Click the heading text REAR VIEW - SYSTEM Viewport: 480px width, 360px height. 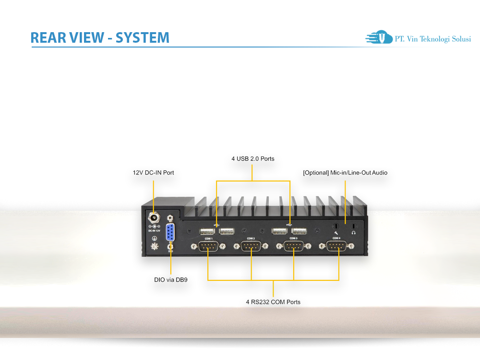tap(100, 37)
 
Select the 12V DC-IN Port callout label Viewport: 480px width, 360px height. tap(153, 172)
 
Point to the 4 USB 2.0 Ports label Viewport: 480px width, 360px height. tap(253, 158)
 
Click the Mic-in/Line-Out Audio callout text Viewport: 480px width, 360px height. tap(345, 172)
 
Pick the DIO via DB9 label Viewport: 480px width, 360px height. tap(170, 279)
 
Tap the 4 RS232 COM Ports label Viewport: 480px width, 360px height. tap(273, 302)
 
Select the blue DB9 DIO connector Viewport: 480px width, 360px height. tap(170, 233)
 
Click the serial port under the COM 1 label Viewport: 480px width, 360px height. tap(208, 246)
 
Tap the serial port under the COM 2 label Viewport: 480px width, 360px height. tap(251, 246)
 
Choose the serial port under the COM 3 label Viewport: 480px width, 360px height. tap(293, 246)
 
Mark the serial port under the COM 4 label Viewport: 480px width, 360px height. tap(337, 246)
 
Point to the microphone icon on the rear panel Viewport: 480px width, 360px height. tap(336, 232)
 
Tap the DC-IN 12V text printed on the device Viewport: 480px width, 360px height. tap(154, 231)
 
